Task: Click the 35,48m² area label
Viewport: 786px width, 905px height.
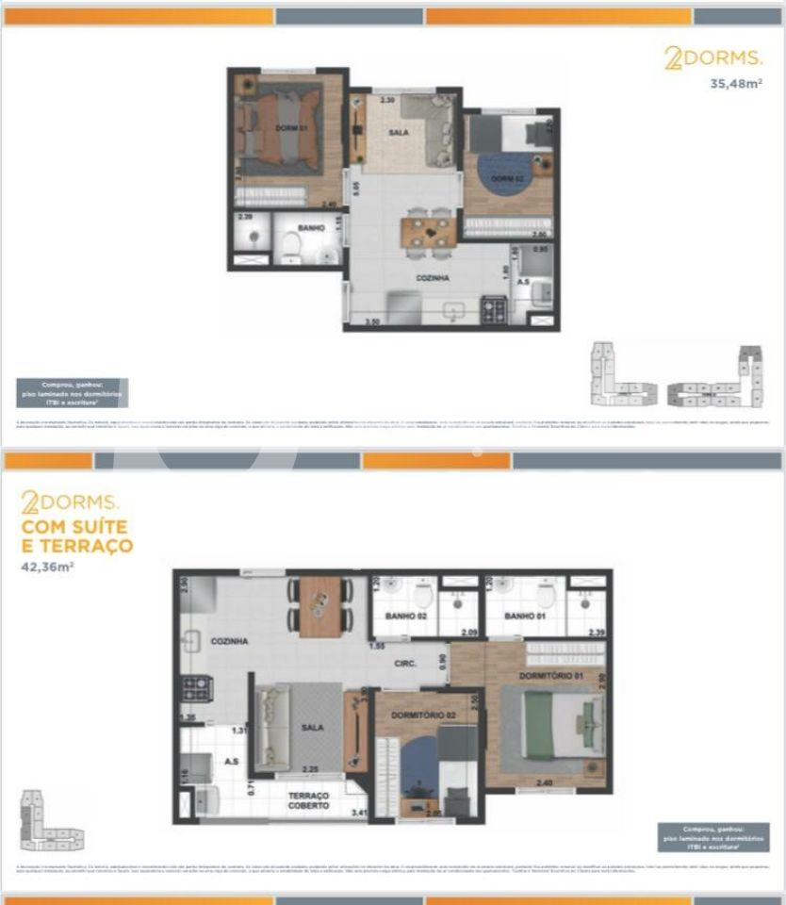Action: click(735, 83)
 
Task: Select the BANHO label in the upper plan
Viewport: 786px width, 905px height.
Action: click(312, 227)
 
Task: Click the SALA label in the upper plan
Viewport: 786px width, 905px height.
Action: click(399, 133)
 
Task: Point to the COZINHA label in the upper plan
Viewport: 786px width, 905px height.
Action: click(433, 278)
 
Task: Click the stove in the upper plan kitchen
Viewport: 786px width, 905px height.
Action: click(494, 310)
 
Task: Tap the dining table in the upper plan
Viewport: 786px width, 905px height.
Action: click(430, 231)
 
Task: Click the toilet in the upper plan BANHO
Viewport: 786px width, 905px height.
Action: click(291, 247)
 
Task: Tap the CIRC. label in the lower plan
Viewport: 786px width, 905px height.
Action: click(405, 664)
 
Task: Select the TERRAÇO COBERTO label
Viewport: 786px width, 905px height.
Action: click(308, 800)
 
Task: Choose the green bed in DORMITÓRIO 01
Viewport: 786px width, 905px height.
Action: click(550, 723)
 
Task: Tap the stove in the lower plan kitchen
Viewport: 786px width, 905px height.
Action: click(197, 688)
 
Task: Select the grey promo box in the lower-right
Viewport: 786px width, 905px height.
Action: click(712, 837)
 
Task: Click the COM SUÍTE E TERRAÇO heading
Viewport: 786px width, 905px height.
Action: click(77, 535)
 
